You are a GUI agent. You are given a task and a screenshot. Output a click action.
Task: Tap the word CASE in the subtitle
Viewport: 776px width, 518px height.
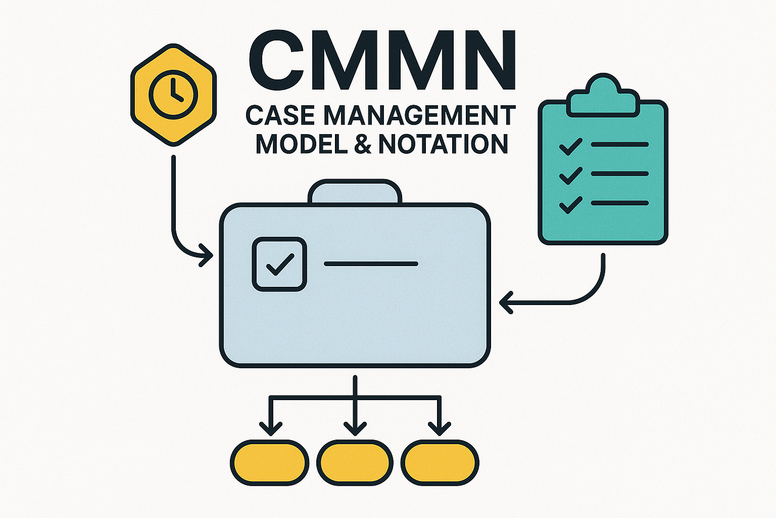click(281, 115)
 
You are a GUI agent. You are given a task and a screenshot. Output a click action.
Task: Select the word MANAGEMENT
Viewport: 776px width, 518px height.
click(419, 115)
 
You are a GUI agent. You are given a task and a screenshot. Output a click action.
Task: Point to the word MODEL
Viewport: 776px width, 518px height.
click(302, 144)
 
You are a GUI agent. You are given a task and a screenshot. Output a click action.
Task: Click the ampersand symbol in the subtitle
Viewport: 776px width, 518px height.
click(363, 144)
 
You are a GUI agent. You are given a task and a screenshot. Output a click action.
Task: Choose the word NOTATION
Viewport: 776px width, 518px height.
click(443, 144)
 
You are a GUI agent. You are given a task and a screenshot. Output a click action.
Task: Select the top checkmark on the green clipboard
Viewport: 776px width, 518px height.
click(570, 146)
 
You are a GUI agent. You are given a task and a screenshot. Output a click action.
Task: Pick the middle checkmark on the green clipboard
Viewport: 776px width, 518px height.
click(570, 175)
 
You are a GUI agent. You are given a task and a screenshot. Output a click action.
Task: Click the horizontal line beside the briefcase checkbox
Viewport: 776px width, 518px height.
click(371, 264)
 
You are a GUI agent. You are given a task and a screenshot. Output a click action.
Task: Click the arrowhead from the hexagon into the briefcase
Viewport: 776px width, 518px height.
click(207, 254)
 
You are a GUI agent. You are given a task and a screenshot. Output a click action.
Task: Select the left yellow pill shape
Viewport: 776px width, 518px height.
click(269, 463)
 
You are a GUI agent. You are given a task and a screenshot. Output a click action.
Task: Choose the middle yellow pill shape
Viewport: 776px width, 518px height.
click(355, 463)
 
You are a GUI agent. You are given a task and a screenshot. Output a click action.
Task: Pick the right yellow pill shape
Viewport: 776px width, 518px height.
click(440, 463)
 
